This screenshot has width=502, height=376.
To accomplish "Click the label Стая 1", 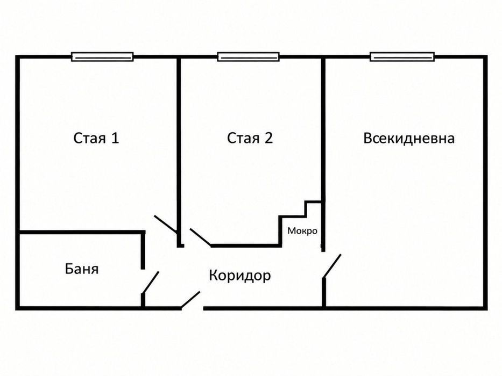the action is click(96, 138).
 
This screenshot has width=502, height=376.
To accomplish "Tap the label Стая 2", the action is click(250, 138).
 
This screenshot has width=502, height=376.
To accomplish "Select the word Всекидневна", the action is click(409, 139).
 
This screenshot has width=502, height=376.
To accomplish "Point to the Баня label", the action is click(82, 269).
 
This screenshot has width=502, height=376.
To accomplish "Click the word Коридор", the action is click(240, 276).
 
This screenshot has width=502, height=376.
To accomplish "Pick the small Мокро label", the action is click(302, 231).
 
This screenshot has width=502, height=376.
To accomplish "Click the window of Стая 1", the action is click(102, 57).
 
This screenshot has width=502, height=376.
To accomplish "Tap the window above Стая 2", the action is click(249, 57).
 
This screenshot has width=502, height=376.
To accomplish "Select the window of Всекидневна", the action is click(402, 56).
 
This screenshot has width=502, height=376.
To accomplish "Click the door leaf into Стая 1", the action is click(166, 224).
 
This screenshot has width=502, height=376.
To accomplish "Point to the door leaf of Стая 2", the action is click(201, 237).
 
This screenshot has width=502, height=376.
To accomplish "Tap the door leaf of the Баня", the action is click(151, 283).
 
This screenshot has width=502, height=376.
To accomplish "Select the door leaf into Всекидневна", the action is click(332, 266).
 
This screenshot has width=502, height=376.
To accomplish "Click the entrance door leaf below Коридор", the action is click(190, 300).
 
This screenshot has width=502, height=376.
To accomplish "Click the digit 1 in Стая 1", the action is click(115, 138).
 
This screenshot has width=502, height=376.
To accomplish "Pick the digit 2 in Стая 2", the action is click(268, 138).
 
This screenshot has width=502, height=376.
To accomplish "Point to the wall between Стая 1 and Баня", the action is click(81, 232).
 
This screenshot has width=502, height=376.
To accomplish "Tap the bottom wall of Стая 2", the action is click(246, 245).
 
